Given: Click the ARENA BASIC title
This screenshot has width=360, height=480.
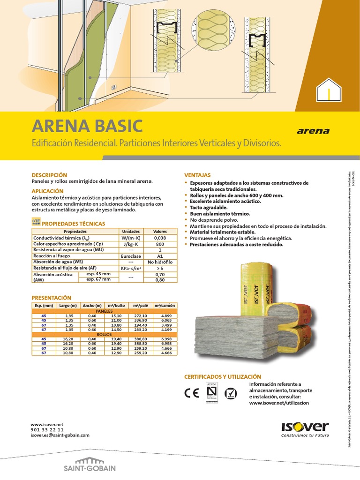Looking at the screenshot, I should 87,126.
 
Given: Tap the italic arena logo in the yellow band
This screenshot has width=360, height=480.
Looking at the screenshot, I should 313,131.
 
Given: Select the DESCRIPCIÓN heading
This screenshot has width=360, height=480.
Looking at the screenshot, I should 49,175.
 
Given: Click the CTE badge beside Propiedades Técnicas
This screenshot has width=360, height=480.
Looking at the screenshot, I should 36,221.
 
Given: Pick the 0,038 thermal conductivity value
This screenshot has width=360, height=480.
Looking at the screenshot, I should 160,238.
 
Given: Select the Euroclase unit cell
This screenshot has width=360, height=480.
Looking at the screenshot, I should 131,256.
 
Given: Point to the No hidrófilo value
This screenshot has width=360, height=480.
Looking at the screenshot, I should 160,262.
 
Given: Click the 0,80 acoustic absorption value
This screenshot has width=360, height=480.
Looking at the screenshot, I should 160,280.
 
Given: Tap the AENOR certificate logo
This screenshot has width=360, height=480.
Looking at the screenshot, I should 212,393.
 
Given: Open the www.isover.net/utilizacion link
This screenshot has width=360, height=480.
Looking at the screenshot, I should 279,403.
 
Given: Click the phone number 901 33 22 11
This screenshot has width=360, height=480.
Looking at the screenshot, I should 47,429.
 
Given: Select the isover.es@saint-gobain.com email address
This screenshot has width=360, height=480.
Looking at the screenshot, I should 60,435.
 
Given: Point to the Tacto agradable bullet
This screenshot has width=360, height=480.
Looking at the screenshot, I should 209,207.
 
